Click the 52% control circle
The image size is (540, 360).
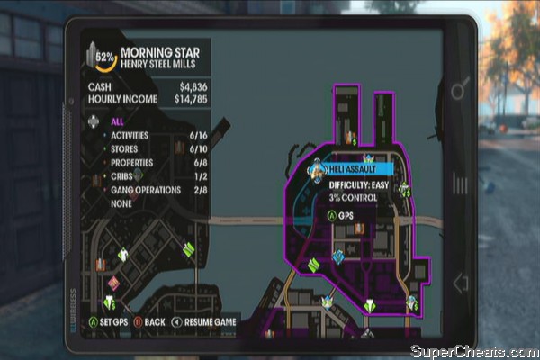(106, 61)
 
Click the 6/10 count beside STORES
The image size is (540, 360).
(198, 148)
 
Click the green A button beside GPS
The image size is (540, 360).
(331, 216)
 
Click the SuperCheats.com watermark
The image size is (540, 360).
(473, 350)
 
